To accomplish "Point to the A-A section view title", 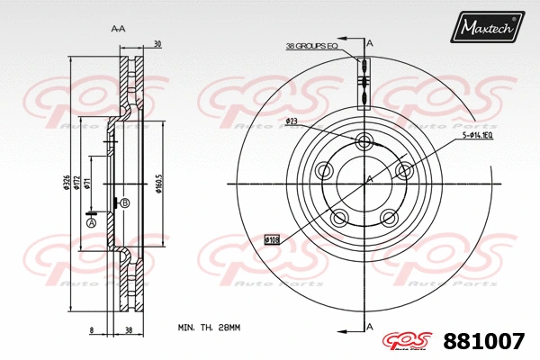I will pyautogui.click(x=118, y=29).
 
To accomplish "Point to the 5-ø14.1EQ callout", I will pyautogui.click(x=477, y=135).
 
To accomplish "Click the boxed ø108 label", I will pyautogui.click(x=273, y=240).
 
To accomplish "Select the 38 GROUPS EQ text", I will pyautogui.click(x=310, y=45).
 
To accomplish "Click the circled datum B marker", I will pyautogui.click(x=124, y=203).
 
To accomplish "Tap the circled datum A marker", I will pyautogui.click(x=90, y=221).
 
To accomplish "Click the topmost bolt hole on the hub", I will pyautogui.click(x=365, y=141).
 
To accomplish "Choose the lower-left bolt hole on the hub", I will pyautogui.click(x=340, y=218).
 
